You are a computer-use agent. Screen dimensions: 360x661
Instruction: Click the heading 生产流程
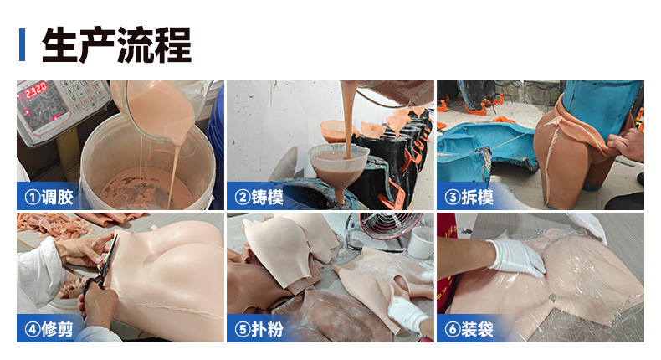[x=116, y=44]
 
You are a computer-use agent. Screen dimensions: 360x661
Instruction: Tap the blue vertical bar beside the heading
[x=22, y=44]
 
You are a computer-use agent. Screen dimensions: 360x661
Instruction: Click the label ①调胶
[x=49, y=198]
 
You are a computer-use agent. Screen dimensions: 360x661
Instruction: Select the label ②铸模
[x=260, y=198]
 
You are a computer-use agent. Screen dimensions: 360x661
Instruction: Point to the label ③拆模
[x=469, y=198]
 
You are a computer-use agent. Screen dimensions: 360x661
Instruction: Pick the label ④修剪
[x=49, y=330]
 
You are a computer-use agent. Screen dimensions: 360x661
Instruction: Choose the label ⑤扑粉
[x=260, y=330]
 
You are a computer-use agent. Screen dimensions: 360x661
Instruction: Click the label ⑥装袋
[x=469, y=330]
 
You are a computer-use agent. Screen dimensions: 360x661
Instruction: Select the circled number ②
[x=242, y=198]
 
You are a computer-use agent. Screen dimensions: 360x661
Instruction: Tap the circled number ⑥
[x=451, y=330]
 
